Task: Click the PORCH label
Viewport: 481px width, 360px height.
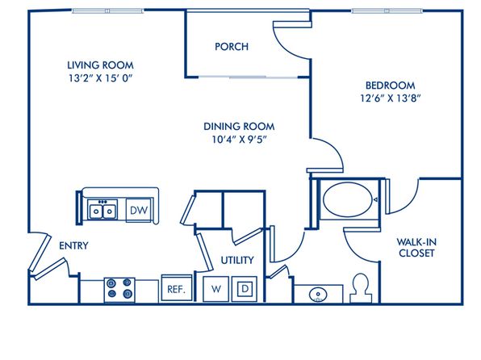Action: (232, 47)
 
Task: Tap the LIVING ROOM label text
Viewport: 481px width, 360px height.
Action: (100, 65)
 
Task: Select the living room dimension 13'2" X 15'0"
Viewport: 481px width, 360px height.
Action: (100, 78)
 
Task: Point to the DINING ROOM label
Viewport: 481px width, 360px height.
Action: (239, 127)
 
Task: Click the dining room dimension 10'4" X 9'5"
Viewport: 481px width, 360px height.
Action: (239, 140)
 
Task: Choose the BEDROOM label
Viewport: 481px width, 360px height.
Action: (390, 85)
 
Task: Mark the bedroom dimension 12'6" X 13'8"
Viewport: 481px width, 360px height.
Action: (390, 98)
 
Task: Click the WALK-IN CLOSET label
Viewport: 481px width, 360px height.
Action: (416, 248)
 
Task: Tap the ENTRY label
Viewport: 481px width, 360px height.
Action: (73, 245)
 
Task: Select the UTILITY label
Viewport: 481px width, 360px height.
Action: (237, 260)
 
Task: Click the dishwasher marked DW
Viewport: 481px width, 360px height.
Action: (139, 210)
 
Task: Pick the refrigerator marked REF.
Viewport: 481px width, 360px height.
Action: (177, 288)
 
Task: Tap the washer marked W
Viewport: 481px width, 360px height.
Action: (216, 289)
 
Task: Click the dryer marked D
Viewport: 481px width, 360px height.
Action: (245, 289)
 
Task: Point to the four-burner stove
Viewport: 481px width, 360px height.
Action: (119, 290)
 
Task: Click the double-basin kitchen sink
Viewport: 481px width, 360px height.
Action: (102, 210)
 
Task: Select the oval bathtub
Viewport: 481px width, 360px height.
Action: (347, 199)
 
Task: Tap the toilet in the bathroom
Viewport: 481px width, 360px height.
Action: (361, 288)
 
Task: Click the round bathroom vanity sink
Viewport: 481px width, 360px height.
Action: (318, 295)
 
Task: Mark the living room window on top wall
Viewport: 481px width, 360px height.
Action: (108, 11)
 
